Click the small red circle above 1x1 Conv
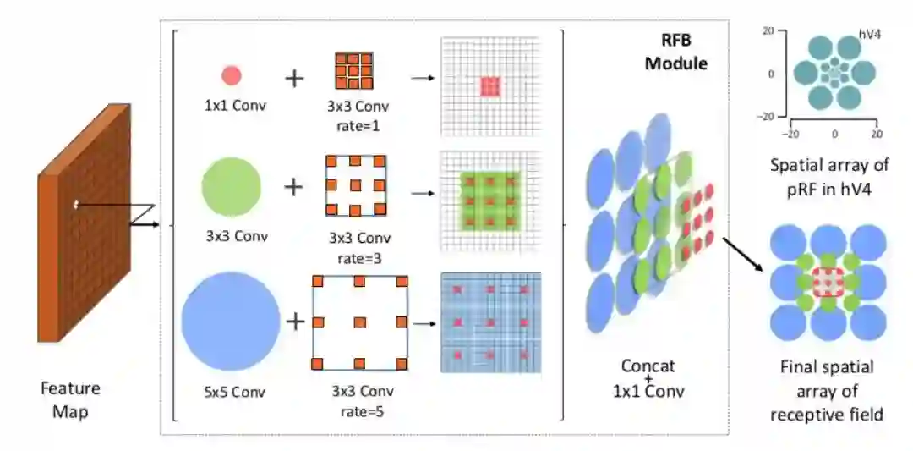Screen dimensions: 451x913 coord(232,76)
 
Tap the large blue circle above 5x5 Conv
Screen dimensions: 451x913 coord(230,322)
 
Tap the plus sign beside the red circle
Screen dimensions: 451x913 coord(293,79)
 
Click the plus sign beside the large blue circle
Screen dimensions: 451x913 coord(297,322)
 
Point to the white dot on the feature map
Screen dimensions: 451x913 coord(76,203)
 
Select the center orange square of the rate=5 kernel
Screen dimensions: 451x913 coord(360,322)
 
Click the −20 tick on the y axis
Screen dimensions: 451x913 coord(769,116)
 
